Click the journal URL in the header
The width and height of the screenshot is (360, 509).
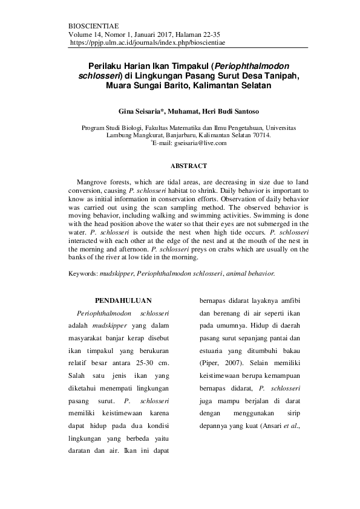(x=148, y=44)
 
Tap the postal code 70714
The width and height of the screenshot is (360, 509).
(x=260, y=135)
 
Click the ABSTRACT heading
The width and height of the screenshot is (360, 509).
(x=189, y=166)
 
